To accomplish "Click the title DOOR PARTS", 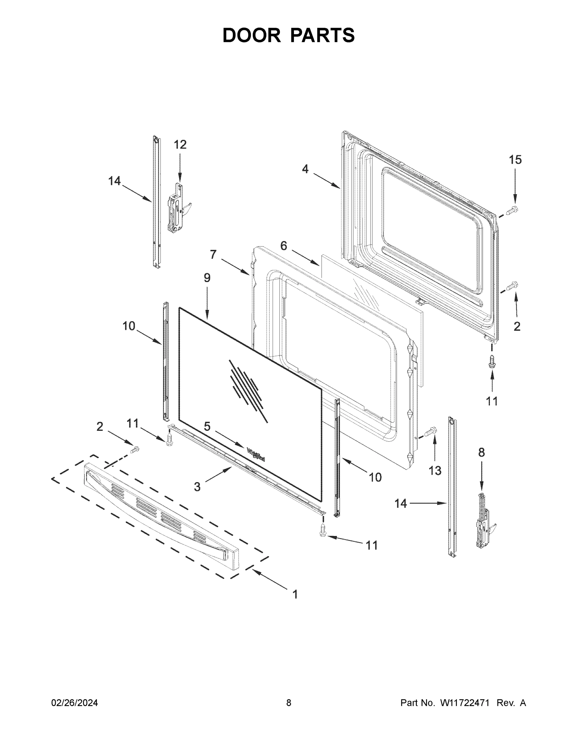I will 289,35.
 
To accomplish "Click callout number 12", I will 180,145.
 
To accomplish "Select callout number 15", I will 515,160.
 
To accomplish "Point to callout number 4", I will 305,169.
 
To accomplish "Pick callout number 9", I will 207,278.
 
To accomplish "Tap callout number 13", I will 435,471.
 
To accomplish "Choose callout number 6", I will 283,246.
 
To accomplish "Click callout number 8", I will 481,453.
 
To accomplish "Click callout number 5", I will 207,426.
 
